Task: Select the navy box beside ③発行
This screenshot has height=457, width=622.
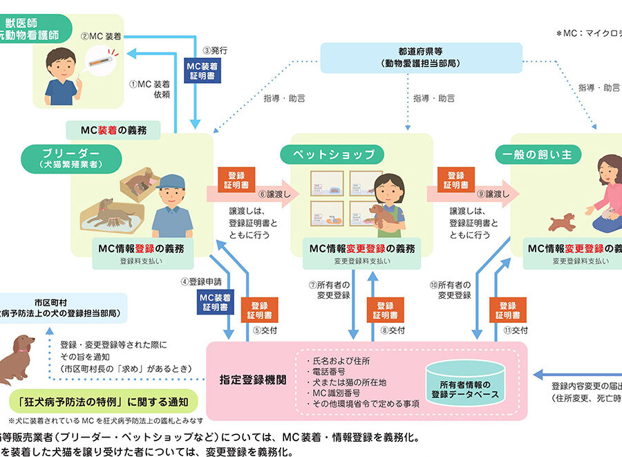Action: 203,70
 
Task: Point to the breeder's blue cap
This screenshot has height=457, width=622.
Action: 169,182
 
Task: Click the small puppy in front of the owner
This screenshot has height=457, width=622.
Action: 560,222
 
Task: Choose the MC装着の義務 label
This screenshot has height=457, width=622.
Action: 114,129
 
